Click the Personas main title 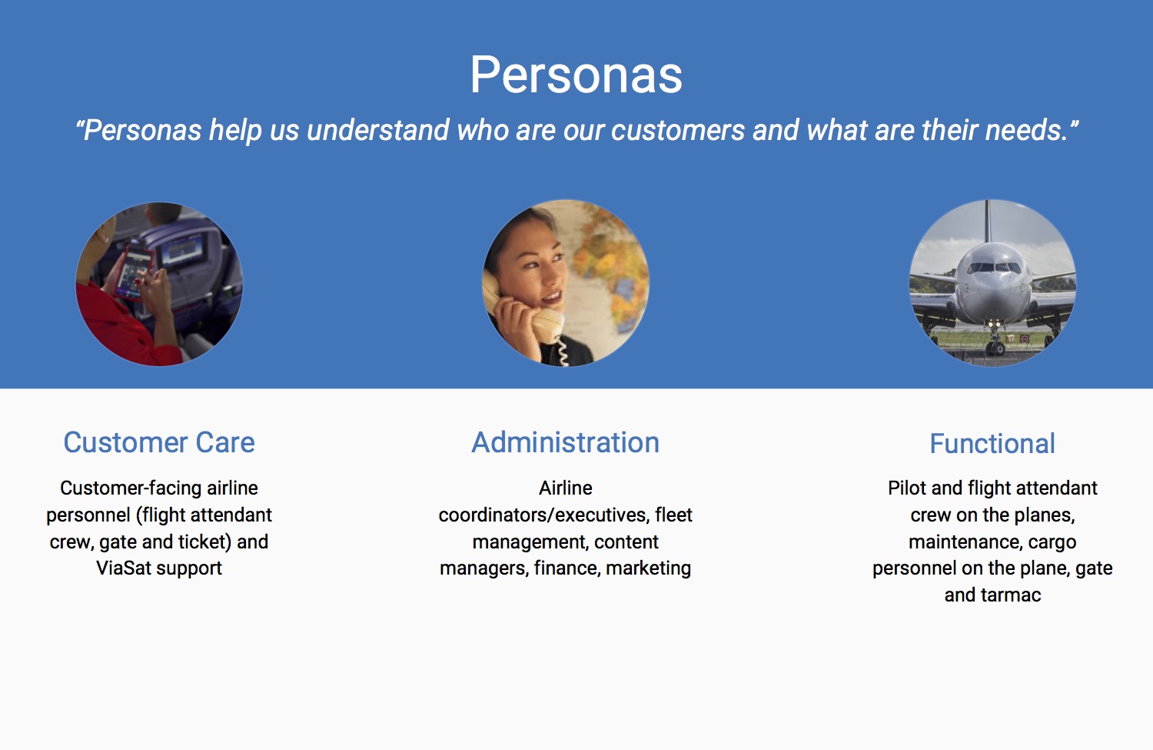pyautogui.click(x=576, y=75)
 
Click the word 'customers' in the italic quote pyautogui.click(x=677, y=129)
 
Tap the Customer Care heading pyautogui.click(x=159, y=442)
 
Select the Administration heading pyautogui.click(x=565, y=442)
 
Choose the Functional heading pyautogui.click(x=992, y=444)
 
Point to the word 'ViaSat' pyautogui.click(x=124, y=568)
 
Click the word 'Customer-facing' pyautogui.click(x=131, y=488)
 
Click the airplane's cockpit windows pyautogui.click(x=993, y=268)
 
